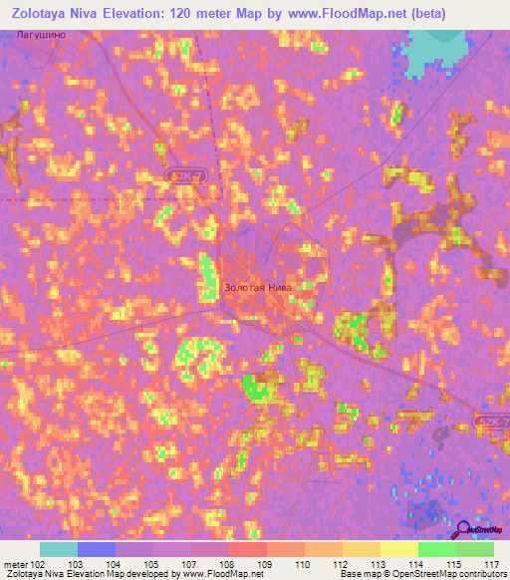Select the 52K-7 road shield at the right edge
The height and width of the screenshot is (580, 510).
coord(492,424)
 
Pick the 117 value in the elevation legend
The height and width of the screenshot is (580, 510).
coord(490,563)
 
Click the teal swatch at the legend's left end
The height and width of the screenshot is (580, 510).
coord(58,549)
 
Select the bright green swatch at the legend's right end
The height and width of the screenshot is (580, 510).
coord(474,549)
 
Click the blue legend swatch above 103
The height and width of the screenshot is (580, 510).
coord(97,549)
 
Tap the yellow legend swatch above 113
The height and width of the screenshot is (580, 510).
coord(361,549)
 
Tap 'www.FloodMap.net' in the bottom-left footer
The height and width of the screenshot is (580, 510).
coord(216,574)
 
